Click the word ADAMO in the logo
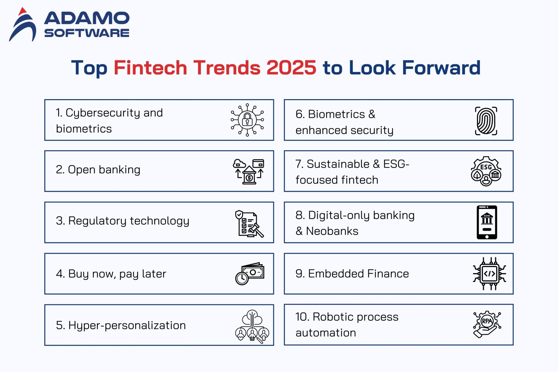click(x=86, y=18)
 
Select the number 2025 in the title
click(x=291, y=68)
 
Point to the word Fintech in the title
click(x=150, y=68)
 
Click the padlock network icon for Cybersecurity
click(x=247, y=120)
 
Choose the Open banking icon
click(x=248, y=171)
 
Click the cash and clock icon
click(x=249, y=274)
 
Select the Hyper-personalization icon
click(x=252, y=326)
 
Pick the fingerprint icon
click(x=486, y=121)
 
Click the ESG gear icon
click(x=486, y=171)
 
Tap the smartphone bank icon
click(x=487, y=222)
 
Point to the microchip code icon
click(x=489, y=274)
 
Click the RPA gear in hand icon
click(x=487, y=324)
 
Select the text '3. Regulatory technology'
click(x=122, y=221)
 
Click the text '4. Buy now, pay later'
click(x=111, y=274)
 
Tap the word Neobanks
click(x=332, y=231)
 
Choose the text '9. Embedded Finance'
click(x=352, y=274)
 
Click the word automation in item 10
click(x=325, y=333)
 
